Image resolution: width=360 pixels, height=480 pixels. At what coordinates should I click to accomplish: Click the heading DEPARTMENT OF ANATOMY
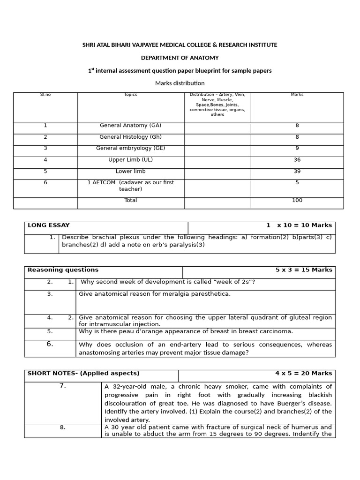coord(180,58)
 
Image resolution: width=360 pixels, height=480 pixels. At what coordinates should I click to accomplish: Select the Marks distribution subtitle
coord(180,83)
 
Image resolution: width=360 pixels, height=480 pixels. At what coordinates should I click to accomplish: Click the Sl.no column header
coord(45,95)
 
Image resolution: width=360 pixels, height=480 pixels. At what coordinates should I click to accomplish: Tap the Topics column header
coord(131,95)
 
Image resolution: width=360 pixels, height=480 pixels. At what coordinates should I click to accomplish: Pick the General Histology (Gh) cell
coord(131,137)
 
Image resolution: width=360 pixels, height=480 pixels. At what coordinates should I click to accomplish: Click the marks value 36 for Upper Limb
coord(297,160)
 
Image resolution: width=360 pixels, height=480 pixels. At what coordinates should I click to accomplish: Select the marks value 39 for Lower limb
coord(297,171)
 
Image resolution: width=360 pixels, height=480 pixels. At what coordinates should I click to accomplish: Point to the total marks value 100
coord(297,200)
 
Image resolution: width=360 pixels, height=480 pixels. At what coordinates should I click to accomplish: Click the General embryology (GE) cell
coord(131,148)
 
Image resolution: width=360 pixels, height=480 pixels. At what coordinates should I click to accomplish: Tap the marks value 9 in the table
coord(297,148)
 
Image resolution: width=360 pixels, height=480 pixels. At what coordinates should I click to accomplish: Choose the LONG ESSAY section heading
coord(49,225)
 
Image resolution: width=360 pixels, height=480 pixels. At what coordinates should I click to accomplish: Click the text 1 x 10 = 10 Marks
coord(299,225)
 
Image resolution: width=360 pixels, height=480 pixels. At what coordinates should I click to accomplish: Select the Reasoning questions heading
coord(63,270)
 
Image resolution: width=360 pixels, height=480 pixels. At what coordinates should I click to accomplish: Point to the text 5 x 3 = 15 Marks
coord(304,270)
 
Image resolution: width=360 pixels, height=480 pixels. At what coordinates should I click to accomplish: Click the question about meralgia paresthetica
coord(155,294)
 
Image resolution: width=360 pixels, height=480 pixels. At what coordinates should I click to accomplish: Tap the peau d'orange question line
coord(186,331)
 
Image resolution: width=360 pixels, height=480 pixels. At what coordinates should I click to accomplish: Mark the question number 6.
coord(50,344)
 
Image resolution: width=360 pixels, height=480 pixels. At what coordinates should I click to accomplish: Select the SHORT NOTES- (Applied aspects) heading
coord(83,373)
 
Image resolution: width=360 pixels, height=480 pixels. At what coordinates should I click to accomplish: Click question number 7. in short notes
coord(63,386)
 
